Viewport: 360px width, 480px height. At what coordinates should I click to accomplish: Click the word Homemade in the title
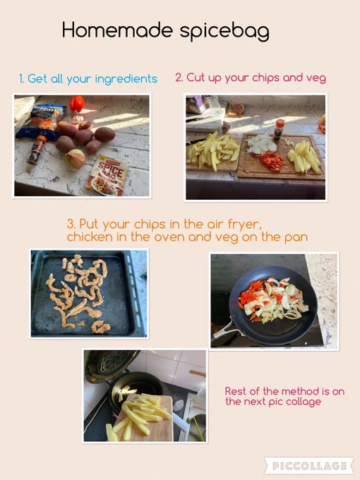coord(118,30)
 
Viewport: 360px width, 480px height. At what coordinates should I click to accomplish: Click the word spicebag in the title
coord(224,32)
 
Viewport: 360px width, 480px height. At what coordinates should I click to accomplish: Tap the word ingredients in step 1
coord(126,79)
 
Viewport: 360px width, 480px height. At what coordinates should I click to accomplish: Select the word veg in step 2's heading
coord(316,78)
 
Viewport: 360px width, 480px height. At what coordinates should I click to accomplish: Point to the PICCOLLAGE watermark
coord(309,466)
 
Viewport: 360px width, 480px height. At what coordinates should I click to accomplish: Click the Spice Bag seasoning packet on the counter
coord(107,175)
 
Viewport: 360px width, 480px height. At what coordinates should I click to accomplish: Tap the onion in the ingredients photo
coord(75,159)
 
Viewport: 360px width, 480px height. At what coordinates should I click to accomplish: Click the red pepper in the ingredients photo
coord(77,104)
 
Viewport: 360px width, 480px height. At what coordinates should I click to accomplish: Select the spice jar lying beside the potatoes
coord(37,150)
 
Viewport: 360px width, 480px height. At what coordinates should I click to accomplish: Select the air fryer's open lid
coord(109,364)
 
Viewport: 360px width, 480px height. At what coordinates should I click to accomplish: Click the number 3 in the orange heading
coord(71,224)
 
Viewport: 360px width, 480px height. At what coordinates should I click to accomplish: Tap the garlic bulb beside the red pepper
coord(76,117)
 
